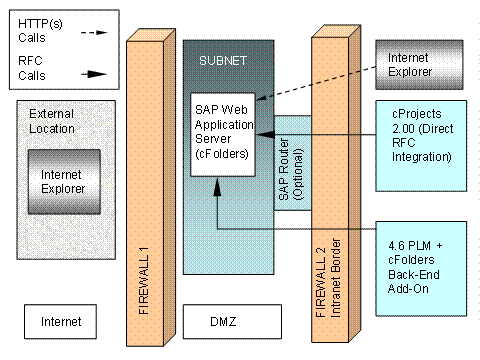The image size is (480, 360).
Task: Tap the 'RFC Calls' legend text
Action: pos(34,70)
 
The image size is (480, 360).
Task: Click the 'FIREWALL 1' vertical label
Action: pos(150,281)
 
